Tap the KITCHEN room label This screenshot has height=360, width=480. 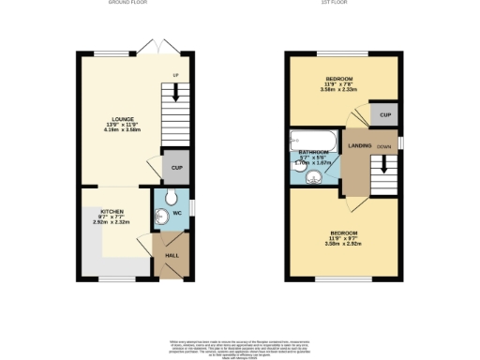tap(101, 213)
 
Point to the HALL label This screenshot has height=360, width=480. tap(172, 255)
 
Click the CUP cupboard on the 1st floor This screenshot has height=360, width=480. tap(382, 113)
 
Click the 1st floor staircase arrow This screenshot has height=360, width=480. tap(383, 169)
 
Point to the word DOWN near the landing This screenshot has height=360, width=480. tap(383, 147)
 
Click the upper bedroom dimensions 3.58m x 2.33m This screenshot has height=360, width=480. tap(339, 91)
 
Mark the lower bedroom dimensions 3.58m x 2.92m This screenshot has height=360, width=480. tap(342, 242)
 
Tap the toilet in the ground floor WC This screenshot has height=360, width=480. tap(168, 200)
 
